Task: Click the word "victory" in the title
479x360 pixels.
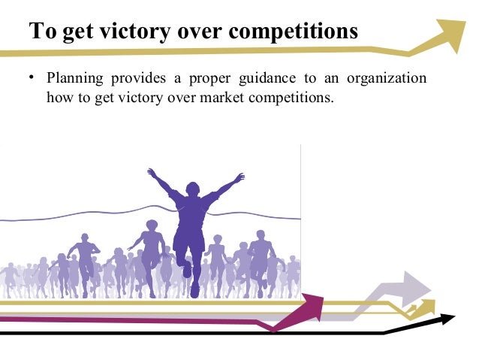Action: point(128,33)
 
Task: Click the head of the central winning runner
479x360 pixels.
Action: point(194,189)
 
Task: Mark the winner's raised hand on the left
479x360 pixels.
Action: point(151,173)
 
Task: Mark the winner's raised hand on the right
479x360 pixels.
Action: point(240,177)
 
